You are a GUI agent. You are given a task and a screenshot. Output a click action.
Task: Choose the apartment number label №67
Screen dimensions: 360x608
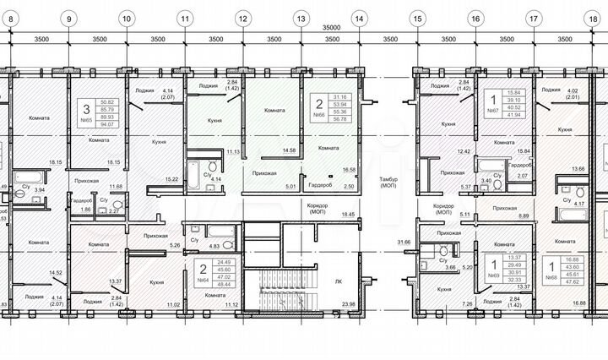491,111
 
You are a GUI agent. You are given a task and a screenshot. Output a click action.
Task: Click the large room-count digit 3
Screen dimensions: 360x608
86,108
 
